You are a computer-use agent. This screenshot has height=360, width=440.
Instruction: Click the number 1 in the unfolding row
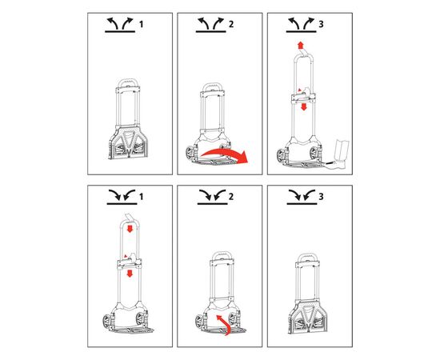click(141, 25)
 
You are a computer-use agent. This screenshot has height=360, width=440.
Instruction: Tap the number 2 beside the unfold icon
click(231, 25)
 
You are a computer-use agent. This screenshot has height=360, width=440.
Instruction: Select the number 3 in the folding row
click(321, 197)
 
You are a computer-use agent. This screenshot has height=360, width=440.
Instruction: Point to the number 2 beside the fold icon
click(231, 197)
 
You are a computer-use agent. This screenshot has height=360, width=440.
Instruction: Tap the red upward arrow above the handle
click(300, 46)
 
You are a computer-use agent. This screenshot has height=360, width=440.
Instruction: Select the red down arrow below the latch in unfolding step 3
click(304, 106)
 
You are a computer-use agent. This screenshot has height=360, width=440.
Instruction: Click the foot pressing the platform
click(339, 154)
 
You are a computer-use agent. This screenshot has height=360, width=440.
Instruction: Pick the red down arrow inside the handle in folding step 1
click(130, 229)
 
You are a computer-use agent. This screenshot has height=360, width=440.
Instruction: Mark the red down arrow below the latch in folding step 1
click(130, 274)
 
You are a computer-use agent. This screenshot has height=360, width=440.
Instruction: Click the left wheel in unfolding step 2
click(190, 154)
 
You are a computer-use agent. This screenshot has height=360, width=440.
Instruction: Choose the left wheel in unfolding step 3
click(282, 156)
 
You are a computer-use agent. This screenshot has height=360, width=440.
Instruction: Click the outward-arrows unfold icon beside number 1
click(120, 25)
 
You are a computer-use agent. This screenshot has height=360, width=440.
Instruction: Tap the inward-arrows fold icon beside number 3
click(302, 197)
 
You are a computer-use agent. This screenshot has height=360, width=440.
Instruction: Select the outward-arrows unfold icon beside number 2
click(210, 25)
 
